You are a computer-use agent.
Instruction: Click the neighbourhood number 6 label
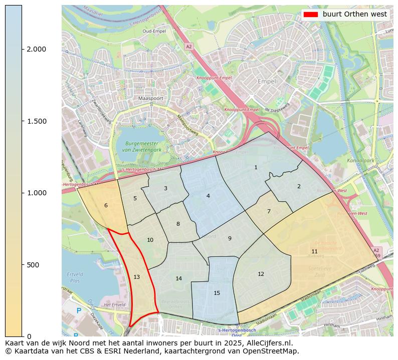[106, 205]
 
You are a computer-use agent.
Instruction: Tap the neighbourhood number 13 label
[136, 277]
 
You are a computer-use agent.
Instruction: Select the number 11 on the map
[314, 251]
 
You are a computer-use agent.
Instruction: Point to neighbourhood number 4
[208, 196]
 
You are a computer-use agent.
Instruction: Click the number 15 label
[217, 293]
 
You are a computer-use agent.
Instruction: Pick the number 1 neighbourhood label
[256, 167]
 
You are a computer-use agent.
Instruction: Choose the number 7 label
[269, 211]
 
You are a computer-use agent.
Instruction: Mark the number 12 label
[261, 274]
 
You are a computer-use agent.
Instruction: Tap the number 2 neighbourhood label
[299, 186]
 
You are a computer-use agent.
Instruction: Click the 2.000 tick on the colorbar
[36, 49]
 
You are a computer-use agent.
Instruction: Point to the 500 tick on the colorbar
[33, 265]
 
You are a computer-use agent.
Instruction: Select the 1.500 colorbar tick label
[36, 121]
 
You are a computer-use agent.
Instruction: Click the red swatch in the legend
[310, 15]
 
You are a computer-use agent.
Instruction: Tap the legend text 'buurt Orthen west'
[354, 15]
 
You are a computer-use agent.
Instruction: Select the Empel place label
[267, 81]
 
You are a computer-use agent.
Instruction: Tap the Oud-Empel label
[154, 31]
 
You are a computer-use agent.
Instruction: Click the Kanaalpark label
[360, 161]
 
